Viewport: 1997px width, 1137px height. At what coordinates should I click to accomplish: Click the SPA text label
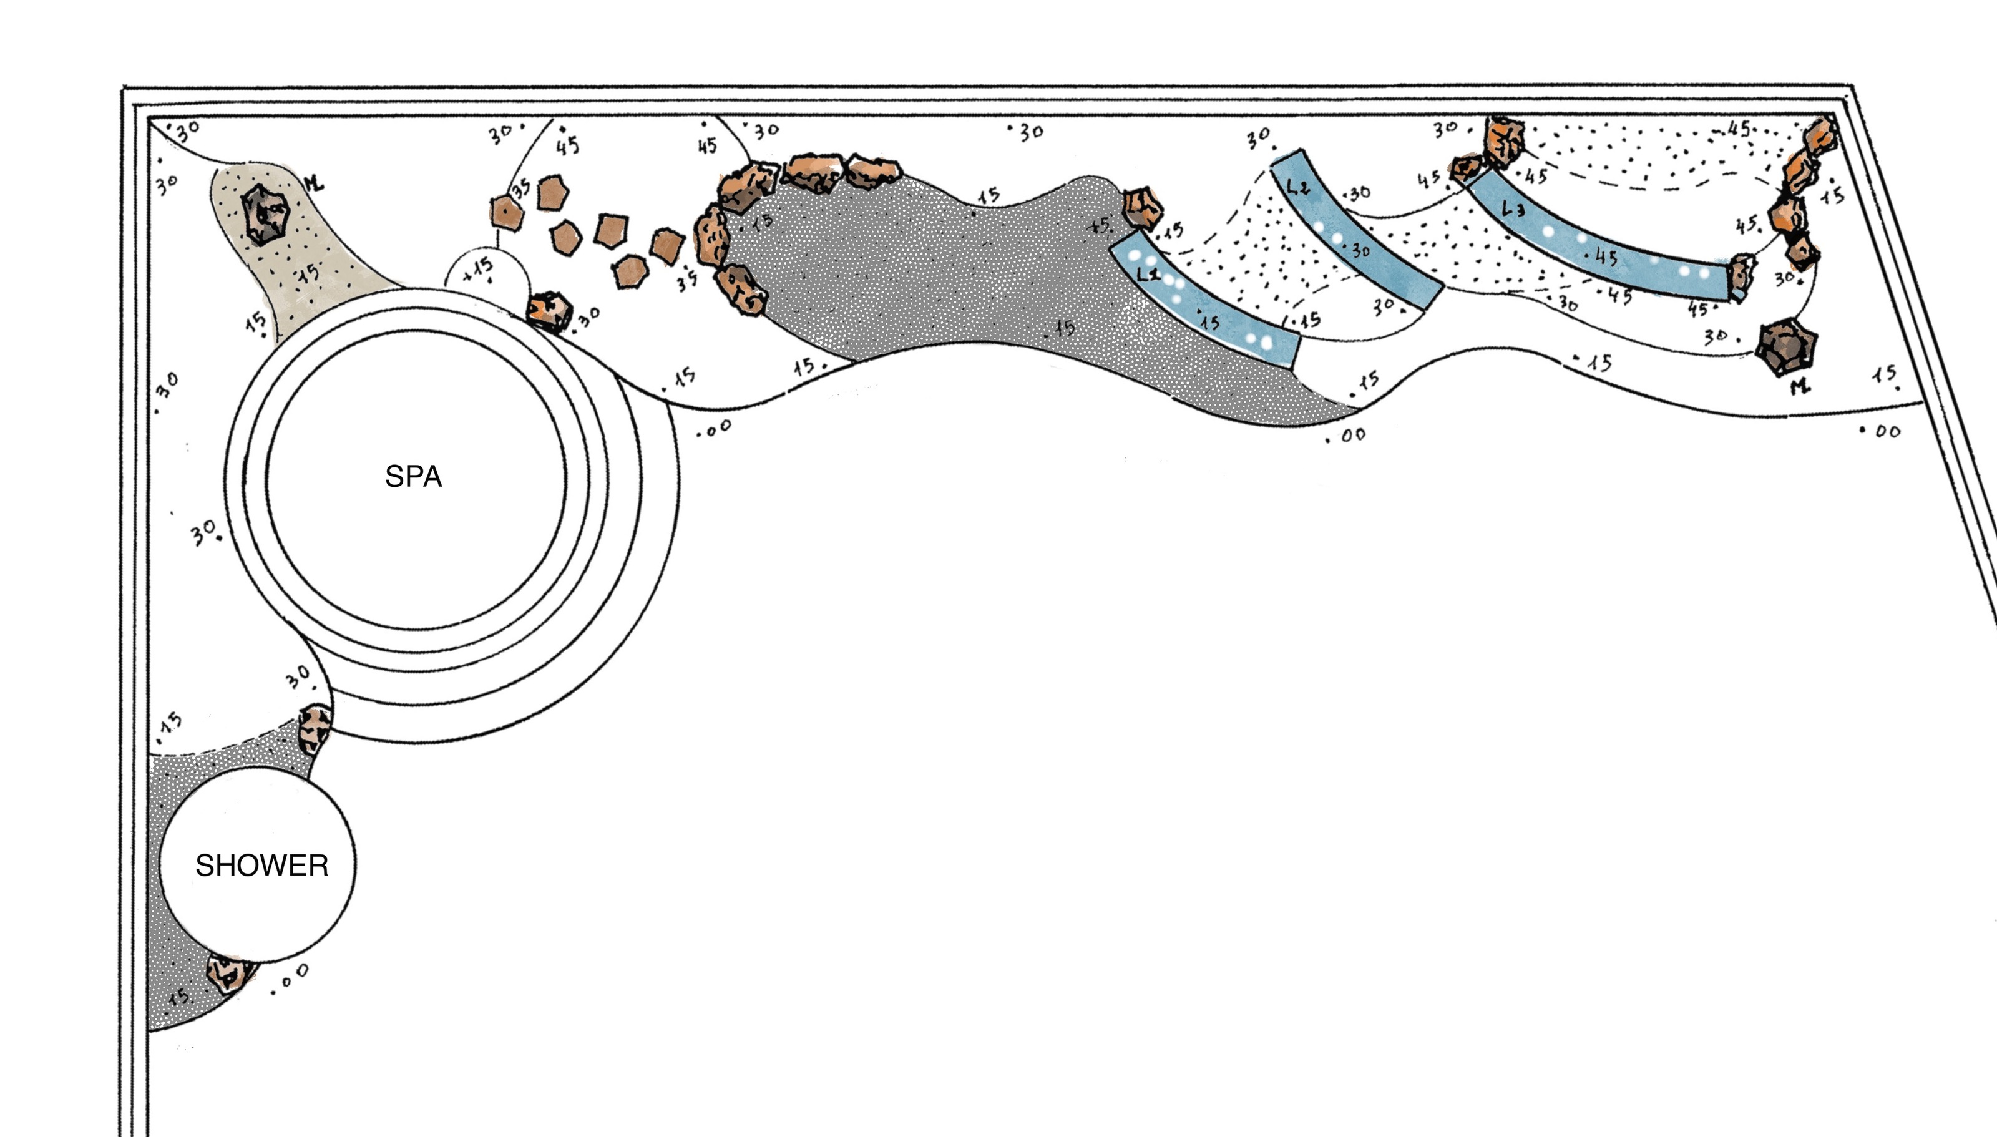[413, 476]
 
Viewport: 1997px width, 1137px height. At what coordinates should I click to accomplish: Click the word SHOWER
[261, 866]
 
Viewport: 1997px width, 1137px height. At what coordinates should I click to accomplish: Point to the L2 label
[1297, 187]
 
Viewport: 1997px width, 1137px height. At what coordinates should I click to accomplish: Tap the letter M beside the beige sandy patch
[313, 184]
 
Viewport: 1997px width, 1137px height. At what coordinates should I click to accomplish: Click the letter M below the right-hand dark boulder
[1800, 386]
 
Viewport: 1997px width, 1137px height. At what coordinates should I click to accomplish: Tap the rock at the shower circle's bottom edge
[228, 972]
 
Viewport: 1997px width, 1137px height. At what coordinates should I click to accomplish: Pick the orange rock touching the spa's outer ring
[549, 311]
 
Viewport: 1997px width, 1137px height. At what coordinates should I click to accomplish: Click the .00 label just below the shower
[290, 977]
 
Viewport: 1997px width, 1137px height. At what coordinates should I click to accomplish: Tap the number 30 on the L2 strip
[1360, 251]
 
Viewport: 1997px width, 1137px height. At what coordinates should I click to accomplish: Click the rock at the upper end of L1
[1142, 207]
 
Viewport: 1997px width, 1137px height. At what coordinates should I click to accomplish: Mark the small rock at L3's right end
[1741, 276]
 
